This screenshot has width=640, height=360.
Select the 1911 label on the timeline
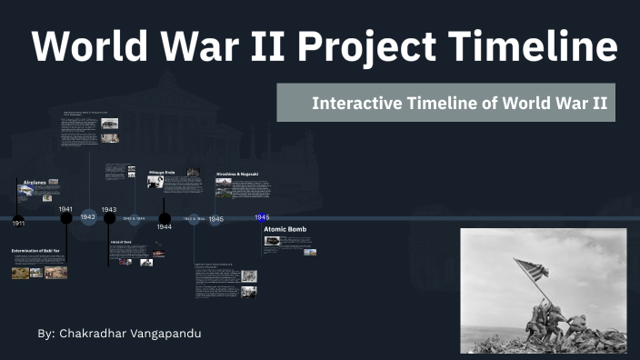click(x=18, y=223)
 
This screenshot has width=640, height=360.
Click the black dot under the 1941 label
click(x=66, y=218)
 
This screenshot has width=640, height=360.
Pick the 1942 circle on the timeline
click(x=87, y=217)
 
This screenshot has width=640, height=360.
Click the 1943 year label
click(x=109, y=209)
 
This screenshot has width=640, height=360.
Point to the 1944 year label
click(x=164, y=227)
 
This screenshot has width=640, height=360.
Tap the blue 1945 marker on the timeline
click(x=262, y=217)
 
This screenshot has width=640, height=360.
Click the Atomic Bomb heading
click(x=285, y=229)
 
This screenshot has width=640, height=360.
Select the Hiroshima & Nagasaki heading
click(x=237, y=173)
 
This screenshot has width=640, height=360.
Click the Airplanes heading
click(x=34, y=183)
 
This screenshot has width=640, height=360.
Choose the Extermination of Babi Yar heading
click(x=35, y=250)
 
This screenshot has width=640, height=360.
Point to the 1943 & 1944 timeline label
click(x=134, y=218)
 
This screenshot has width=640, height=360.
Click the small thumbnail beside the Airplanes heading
click(x=54, y=183)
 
